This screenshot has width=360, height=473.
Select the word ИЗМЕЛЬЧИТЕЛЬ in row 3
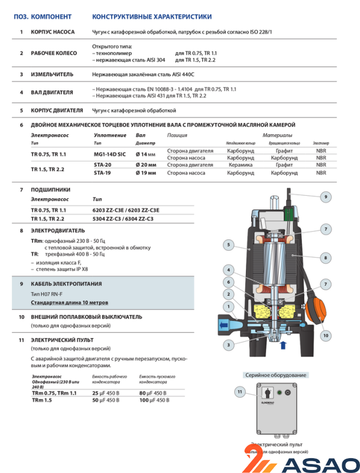[x=52, y=74]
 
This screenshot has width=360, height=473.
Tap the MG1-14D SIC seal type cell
[x=110, y=154]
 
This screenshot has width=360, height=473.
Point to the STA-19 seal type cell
[x=103, y=173]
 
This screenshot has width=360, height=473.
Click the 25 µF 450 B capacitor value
[x=106, y=393]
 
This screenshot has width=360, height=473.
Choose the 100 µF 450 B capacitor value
[x=153, y=400]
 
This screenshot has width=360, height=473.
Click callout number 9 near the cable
[x=325, y=196]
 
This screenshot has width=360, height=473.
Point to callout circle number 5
[x=228, y=244]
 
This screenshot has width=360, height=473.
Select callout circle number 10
[x=325, y=335]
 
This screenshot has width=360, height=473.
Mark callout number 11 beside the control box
[x=239, y=391]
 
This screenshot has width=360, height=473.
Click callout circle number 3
[x=228, y=344]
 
